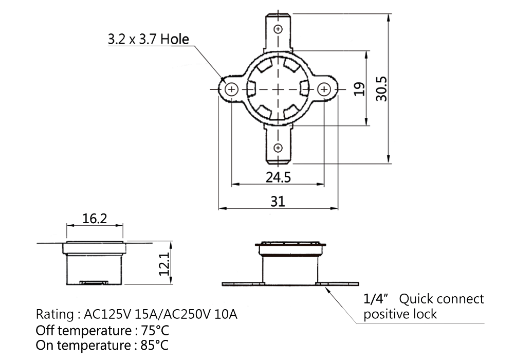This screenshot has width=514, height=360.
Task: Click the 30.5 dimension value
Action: (381, 89)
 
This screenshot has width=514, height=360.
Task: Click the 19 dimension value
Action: (360, 89)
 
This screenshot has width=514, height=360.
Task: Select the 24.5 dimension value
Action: (278, 177)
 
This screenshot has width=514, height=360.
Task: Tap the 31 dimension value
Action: (278, 201)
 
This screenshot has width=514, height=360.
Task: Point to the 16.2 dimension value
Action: (95, 219)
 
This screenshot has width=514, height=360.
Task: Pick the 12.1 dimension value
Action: (164, 264)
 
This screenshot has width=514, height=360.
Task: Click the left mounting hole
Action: (232, 89)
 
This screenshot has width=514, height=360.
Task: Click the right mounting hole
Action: (324, 89)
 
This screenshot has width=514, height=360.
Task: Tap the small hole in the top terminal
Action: (278, 29)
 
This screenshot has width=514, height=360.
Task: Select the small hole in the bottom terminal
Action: (278, 148)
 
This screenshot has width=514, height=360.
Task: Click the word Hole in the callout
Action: (175, 40)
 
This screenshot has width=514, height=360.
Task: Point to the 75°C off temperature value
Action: (155, 330)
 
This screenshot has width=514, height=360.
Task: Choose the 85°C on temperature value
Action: (154, 345)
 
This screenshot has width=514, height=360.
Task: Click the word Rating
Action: (55, 315)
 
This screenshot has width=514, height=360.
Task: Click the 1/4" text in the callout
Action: (376, 299)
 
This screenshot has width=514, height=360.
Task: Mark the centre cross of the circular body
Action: (278, 89)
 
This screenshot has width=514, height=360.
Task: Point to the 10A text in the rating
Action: (226, 314)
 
